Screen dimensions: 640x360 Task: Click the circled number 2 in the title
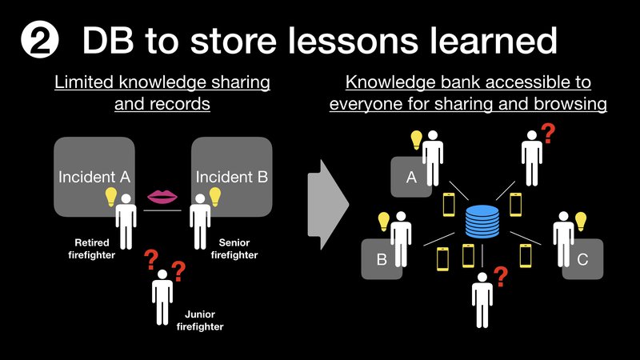[x=39, y=40]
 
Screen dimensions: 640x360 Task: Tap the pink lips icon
[x=162, y=196]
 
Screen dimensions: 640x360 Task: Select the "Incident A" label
[x=94, y=177]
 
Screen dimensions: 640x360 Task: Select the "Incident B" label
[x=232, y=177]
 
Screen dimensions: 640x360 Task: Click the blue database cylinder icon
[x=482, y=222]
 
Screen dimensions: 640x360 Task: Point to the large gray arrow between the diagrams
[x=328, y=205]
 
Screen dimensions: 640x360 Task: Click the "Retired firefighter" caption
[x=91, y=249]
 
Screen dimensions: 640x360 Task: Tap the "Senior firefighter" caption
[x=234, y=249]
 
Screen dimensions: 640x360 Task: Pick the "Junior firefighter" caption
[x=200, y=321]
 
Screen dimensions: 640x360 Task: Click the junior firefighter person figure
[x=162, y=297]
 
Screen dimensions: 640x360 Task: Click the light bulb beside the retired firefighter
[x=111, y=197]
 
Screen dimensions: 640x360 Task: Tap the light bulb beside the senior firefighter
[x=215, y=197]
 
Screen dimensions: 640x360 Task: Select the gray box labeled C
[x=582, y=259]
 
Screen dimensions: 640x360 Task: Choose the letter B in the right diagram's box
[x=382, y=259]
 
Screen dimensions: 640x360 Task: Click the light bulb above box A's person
[x=416, y=140]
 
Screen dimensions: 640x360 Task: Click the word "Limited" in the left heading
[x=84, y=82]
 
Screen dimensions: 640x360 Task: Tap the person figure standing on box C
[x=564, y=239]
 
